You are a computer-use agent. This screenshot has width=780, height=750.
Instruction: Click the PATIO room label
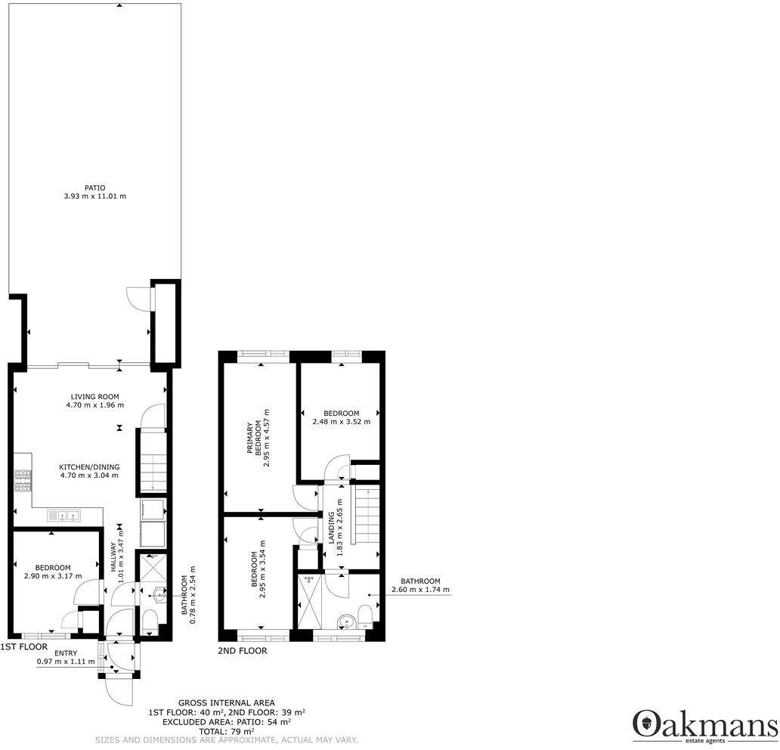(x=94, y=187)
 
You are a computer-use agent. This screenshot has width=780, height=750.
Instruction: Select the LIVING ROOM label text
(x=94, y=396)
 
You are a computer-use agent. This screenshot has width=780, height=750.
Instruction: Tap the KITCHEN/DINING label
(x=89, y=466)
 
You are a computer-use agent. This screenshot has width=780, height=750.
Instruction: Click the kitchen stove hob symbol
(x=21, y=480)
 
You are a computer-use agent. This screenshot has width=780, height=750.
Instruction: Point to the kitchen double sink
(x=64, y=516)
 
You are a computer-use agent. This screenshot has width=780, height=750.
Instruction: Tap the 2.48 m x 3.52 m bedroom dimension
(x=341, y=422)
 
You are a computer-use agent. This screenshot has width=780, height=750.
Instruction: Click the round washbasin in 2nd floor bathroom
(x=346, y=622)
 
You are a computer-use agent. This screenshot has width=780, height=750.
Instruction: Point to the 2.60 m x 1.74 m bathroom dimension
(x=420, y=590)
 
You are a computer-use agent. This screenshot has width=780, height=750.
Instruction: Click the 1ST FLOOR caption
(x=23, y=647)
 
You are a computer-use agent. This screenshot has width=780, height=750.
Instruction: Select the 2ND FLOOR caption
(x=242, y=650)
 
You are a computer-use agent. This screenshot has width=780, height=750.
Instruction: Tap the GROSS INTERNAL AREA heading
(x=227, y=702)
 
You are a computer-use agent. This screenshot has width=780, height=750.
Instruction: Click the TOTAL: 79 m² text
(x=227, y=731)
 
